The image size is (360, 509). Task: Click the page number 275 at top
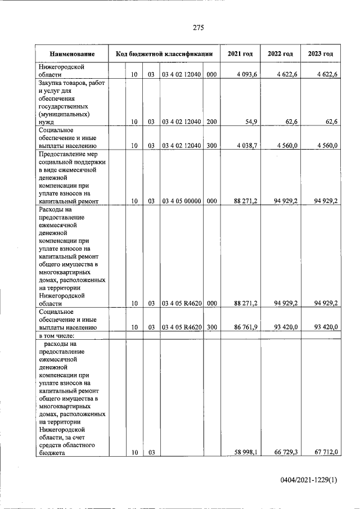point(197,28)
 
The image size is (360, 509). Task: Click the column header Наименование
point(71,54)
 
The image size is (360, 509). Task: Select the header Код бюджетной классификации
point(164,54)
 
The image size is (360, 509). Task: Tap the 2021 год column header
point(240,54)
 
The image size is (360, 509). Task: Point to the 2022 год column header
point(280,54)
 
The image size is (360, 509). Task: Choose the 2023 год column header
point(320,54)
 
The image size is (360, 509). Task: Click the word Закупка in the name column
point(50,83)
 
